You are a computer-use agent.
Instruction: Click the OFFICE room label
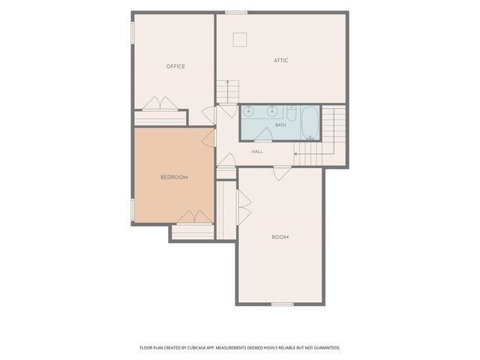point(175,67)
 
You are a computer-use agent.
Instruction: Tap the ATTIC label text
point(280,60)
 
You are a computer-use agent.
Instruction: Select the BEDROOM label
point(174,177)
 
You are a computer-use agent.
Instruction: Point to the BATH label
point(280,125)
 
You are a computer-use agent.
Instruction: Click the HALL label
point(257,151)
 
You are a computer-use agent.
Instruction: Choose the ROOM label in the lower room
point(280,237)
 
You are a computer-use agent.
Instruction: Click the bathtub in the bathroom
point(310,122)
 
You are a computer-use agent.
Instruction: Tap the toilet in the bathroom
point(291,113)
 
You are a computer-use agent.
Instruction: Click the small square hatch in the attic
point(240,40)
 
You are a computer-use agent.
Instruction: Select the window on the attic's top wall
point(236,13)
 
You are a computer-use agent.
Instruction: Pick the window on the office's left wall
point(133,32)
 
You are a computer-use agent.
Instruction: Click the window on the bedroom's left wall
point(133,209)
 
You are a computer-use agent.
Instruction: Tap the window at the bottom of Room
point(283,304)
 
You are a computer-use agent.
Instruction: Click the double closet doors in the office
point(160,103)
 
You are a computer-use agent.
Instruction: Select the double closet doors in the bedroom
point(195,217)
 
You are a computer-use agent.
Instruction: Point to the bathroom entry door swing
point(263,134)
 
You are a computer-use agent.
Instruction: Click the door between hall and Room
point(282,173)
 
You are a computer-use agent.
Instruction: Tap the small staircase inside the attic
point(228,91)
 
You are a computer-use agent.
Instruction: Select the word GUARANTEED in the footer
point(328,348)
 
